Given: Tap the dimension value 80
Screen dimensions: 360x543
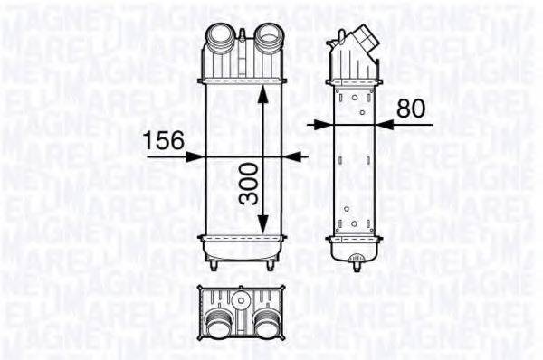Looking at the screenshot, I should pos(410,109).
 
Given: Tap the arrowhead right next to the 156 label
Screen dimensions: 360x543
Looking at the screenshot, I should pos(195,156).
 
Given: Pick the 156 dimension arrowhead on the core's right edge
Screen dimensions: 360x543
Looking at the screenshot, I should pos(293,156).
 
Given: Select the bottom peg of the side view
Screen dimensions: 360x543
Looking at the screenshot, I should pos(354,266).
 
